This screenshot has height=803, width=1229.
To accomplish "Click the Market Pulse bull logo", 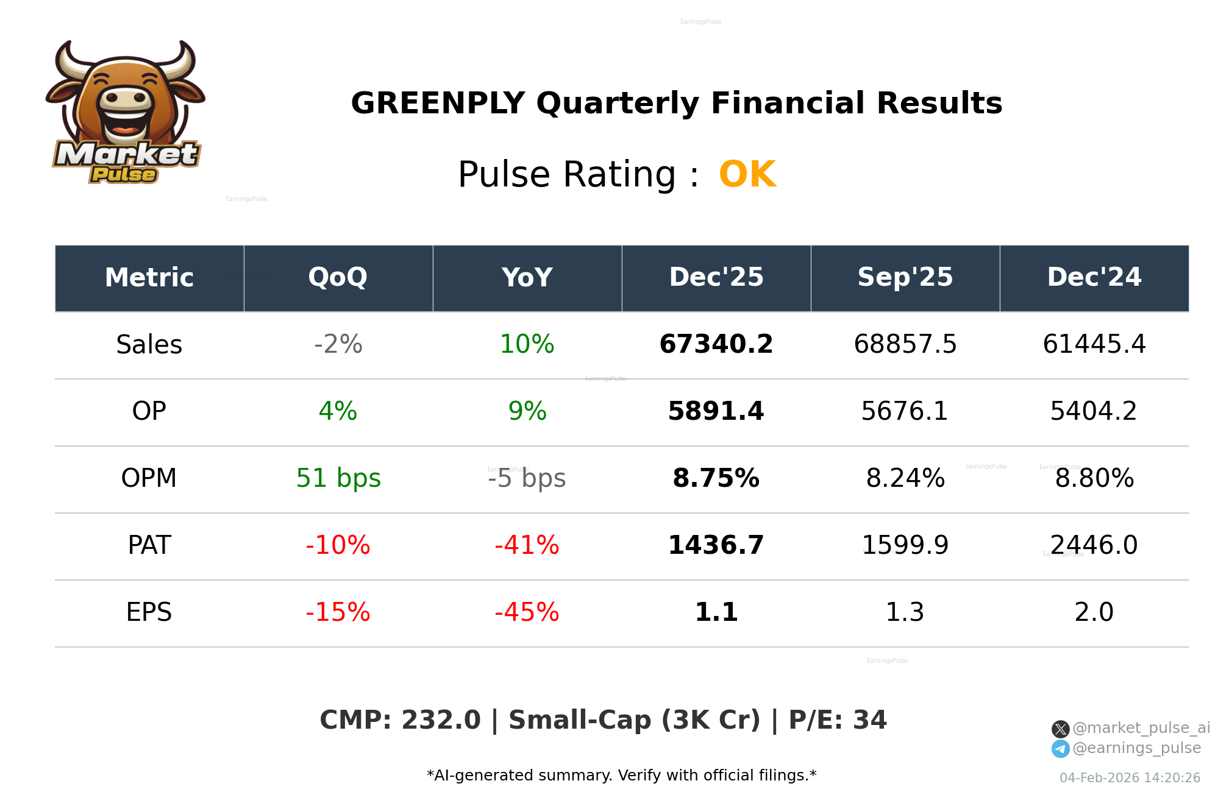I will (126, 113).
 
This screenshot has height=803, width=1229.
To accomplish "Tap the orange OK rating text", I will (747, 175).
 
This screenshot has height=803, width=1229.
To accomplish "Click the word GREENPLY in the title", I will (437, 103).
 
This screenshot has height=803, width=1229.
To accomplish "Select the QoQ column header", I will (338, 278).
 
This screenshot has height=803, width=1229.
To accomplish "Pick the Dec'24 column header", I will (1094, 278).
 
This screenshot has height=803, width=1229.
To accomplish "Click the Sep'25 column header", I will (905, 278).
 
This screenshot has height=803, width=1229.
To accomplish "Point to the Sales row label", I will (149, 345).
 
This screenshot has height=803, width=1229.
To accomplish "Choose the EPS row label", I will (149, 612).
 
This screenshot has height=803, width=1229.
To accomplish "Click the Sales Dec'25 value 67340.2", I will (716, 345).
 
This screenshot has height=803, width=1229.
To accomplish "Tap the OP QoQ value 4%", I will (338, 412).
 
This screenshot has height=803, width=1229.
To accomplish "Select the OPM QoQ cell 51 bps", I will (338, 479).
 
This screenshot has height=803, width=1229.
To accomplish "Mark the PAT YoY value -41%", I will (527, 545).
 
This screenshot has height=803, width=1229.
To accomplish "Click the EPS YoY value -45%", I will (527, 612).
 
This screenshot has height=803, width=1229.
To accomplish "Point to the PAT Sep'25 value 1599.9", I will (905, 545).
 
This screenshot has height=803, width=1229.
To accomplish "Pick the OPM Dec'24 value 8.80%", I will (1094, 479).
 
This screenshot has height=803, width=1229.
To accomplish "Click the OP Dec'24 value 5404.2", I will (1094, 412).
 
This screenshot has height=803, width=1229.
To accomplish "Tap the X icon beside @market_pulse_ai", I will (1060, 729).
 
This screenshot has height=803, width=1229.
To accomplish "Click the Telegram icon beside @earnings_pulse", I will (1060, 749).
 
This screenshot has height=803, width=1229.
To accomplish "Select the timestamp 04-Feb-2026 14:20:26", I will (1130, 778).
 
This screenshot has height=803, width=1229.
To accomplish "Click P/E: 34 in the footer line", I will (837, 720).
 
